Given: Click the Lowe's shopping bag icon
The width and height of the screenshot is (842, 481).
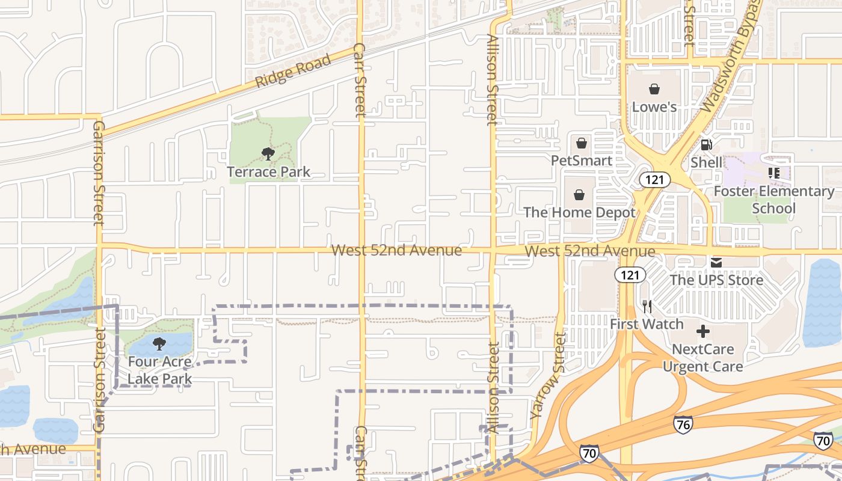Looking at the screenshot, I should [x=654, y=90].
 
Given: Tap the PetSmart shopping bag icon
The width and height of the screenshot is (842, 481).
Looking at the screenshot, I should [x=581, y=143].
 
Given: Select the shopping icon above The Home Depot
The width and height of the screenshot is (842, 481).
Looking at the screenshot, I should [x=579, y=195].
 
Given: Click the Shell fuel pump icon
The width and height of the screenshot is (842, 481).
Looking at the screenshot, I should [x=707, y=145].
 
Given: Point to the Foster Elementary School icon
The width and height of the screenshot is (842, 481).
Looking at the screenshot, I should [x=773, y=173].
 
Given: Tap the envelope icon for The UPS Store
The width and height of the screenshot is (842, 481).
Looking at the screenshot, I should [x=716, y=262].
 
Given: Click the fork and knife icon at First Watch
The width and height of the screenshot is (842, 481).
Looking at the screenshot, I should [x=647, y=307].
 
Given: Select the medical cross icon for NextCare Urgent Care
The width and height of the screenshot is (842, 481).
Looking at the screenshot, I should [x=702, y=331].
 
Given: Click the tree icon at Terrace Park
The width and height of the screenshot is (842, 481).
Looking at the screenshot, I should [x=268, y=154].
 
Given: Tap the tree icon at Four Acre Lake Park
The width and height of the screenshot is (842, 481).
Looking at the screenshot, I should [x=159, y=344].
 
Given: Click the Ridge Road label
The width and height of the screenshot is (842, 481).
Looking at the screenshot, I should [x=293, y=71].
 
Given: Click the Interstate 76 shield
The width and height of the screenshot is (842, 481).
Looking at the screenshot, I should [x=683, y=424].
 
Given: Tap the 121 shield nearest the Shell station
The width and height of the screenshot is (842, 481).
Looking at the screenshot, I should [x=654, y=179].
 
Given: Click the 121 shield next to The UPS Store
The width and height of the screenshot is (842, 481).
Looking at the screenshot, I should [x=630, y=275].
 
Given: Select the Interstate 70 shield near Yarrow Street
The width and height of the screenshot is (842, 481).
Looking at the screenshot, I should [x=589, y=453].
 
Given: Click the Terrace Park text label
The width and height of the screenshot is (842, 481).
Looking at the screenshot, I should [x=268, y=172].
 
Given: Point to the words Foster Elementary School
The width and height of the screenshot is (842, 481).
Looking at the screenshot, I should [x=774, y=200].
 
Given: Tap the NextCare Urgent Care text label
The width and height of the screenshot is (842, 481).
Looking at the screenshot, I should [x=702, y=358].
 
